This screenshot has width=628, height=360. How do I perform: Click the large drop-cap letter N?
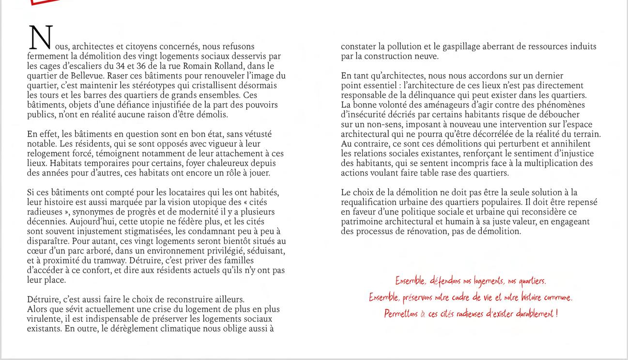coord(41,38)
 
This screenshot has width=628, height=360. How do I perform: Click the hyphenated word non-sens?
coord(382,124)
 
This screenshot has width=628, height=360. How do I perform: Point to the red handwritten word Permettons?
coord(401,314)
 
